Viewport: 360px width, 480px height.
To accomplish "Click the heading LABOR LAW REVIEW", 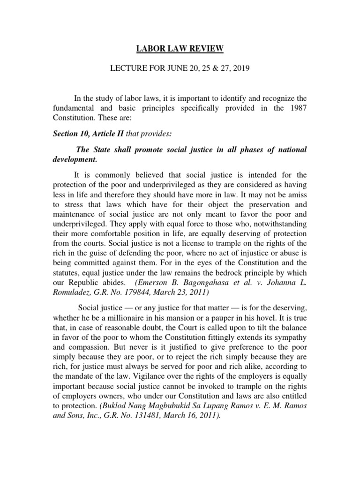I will click(180, 47).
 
